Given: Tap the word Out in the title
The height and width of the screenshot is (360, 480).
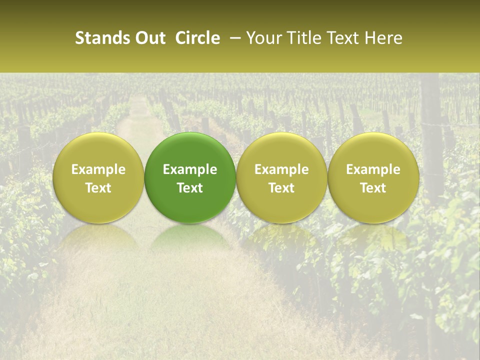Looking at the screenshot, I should click(x=150, y=38).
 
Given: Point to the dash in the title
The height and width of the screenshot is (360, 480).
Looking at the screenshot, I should click(x=233, y=38).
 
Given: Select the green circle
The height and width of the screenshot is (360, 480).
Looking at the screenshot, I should click(x=190, y=177).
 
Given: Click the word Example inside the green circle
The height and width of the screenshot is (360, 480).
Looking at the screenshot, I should click(x=190, y=169).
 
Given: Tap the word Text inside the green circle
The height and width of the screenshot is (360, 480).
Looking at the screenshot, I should click(x=190, y=188).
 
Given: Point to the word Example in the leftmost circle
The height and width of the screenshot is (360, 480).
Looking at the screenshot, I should click(x=98, y=169).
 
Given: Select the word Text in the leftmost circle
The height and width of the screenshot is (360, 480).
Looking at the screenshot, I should click(x=98, y=188).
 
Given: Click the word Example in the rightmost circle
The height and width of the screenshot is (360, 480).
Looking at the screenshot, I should click(x=373, y=169).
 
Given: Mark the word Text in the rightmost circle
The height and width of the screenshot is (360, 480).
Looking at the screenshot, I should click(x=373, y=188).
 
